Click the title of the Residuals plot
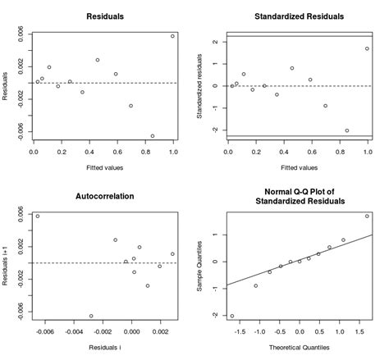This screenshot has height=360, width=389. (x=103, y=16)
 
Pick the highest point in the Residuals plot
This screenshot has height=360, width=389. (x=172, y=36)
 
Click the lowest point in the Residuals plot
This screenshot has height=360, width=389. (x=152, y=136)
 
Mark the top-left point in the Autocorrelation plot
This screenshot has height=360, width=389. (x=38, y=216)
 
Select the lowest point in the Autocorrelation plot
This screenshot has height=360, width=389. (x=91, y=316)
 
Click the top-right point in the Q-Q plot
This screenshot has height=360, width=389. (x=367, y=216)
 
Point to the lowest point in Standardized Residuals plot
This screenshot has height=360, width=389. (x=346, y=130)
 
